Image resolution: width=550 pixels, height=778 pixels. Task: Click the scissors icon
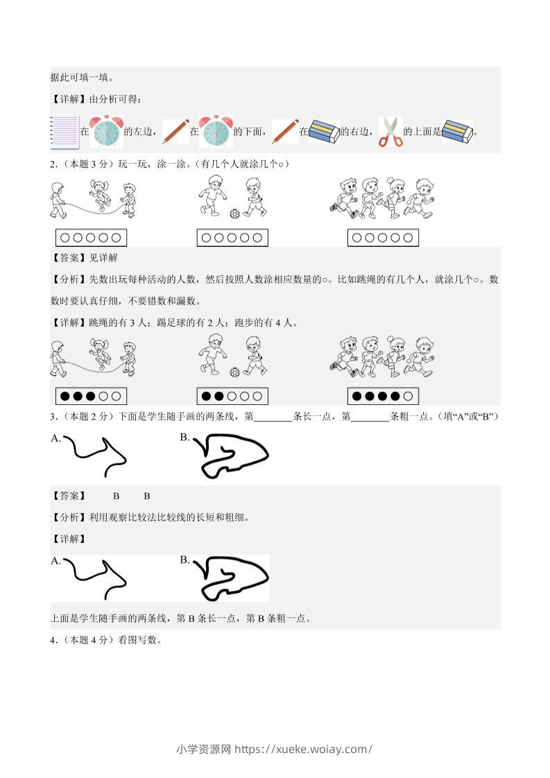pyautogui.click(x=390, y=132)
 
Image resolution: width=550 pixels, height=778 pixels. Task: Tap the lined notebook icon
pyautogui.click(x=65, y=132)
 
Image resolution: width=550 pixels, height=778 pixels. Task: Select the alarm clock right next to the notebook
pyautogui.click(x=106, y=132)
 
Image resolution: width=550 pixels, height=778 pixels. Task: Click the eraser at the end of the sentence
pyautogui.click(x=457, y=132)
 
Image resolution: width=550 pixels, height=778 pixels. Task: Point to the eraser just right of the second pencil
pyautogui.click(x=324, y=132)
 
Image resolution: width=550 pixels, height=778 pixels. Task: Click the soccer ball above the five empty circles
pyautogui.click(x=235, y=214)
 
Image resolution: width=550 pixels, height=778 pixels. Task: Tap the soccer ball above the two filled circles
pyautogui.click(x=235, y=372)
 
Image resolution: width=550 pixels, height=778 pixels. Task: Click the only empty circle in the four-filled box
pyautogui.click(x=408, y=396)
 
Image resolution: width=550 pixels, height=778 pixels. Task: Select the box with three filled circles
pyautogui.click(x=91, y=396)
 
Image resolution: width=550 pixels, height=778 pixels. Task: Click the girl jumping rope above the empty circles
pyautogui.click(x=101, y=195)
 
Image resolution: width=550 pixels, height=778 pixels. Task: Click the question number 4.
pyautogui.click(x=53, y=640)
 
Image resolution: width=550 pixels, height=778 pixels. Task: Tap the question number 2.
pyautogui.click(x=53, y=164)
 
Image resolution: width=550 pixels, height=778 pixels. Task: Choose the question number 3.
pyautogui.click(x=53, y=417)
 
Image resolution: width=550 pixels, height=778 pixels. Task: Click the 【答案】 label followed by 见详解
pyautogui.click(x=69, y=258)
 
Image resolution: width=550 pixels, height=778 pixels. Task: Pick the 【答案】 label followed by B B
pyautogui.click(x=69, y=496)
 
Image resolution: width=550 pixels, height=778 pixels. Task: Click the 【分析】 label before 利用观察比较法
pyautogui.click(x=69, y=517)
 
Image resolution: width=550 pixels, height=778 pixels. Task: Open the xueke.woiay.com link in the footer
pyautogui.click(x=303, y=749)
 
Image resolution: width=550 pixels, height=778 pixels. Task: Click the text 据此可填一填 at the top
pyautogui.click(x=83, y=78)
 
